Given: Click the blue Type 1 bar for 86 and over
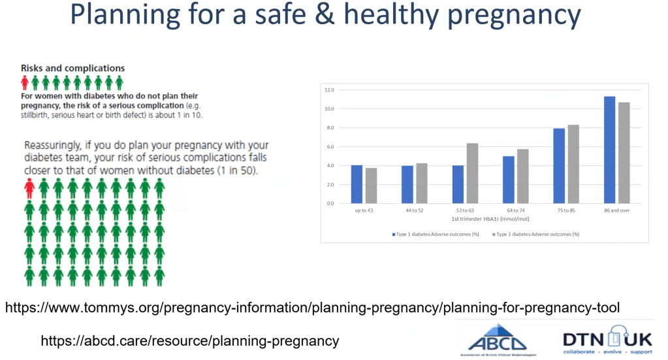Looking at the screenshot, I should tap(609, 150).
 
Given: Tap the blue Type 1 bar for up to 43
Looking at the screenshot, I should tap(357, 184).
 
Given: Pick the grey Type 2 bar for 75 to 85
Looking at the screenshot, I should tap(573, 164).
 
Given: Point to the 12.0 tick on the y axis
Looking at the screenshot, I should tap(330, 90).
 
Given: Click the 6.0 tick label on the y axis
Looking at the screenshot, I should tap(330, 146).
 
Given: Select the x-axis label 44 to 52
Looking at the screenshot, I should tap(413, 210).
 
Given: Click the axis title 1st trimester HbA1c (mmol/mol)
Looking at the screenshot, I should tap(485, 219).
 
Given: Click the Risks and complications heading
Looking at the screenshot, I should tap(72, 68).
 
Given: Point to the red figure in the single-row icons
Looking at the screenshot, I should tap(25, 82).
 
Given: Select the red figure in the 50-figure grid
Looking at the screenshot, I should tap(29, 188).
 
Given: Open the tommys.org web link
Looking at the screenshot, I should tap(312, 307).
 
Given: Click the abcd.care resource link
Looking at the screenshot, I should tap(189, 340).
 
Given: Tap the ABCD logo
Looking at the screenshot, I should tap(498, 340).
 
